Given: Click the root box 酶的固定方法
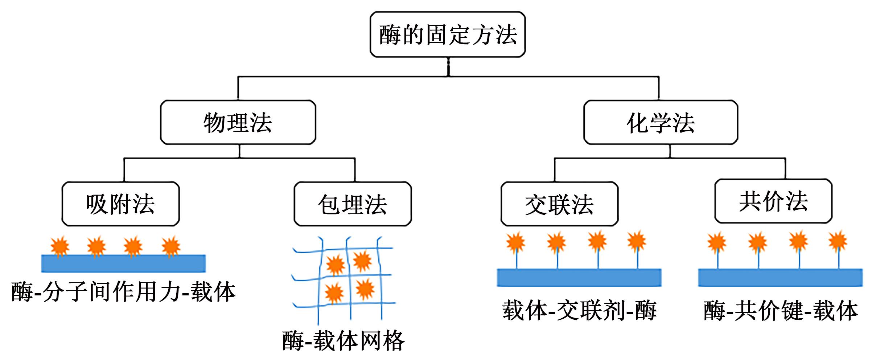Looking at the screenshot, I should point(448,34).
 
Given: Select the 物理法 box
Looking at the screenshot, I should point(238,122).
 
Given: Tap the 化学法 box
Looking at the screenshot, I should point(661,122).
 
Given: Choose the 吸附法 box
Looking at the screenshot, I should point(120,204).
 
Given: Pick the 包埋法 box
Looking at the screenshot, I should point(353,204).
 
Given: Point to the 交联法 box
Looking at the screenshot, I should point(559,204).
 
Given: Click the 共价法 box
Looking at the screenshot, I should point(773,201).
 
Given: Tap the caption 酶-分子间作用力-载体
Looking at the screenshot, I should point(123,291).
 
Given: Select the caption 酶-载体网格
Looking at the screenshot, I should point(343,340).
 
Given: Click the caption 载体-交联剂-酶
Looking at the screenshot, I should point(579,310).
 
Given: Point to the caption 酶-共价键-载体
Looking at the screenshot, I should point(781,310).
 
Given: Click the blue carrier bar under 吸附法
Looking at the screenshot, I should point(123,263).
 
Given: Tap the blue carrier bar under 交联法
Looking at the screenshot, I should point(579,278).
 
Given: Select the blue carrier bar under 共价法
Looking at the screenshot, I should point(780,278).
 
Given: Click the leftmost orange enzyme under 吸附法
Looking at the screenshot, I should point(60,246).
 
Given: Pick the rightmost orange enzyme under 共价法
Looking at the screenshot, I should point(838,241).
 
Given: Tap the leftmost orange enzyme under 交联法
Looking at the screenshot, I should point(515,242).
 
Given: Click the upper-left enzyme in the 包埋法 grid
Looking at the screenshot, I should point(335,264).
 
